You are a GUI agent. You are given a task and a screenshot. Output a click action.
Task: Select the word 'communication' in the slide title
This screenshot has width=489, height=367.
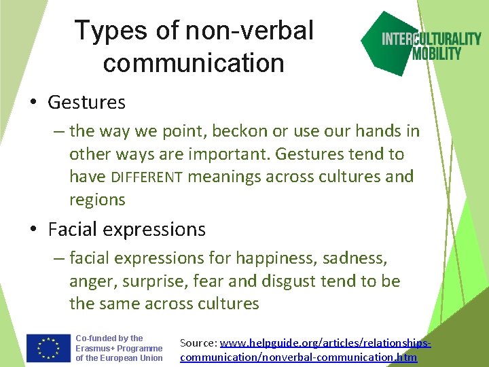[194, 63]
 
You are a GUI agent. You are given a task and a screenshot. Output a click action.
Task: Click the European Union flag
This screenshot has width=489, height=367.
[48, 349]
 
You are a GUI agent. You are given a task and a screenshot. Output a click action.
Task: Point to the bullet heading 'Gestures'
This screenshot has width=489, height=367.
[86, 103]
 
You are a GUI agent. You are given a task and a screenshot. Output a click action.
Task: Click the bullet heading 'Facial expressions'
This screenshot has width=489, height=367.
[126, 230]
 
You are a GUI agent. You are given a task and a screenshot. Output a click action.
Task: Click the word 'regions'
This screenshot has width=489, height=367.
[97, 200]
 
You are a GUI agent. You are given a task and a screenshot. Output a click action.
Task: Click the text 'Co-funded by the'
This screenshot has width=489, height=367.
[109, 338]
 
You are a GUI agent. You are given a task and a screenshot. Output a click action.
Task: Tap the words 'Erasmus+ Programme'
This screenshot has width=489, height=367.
[119, 348]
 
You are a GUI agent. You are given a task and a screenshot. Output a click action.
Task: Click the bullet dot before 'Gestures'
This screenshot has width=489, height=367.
[33, 103]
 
